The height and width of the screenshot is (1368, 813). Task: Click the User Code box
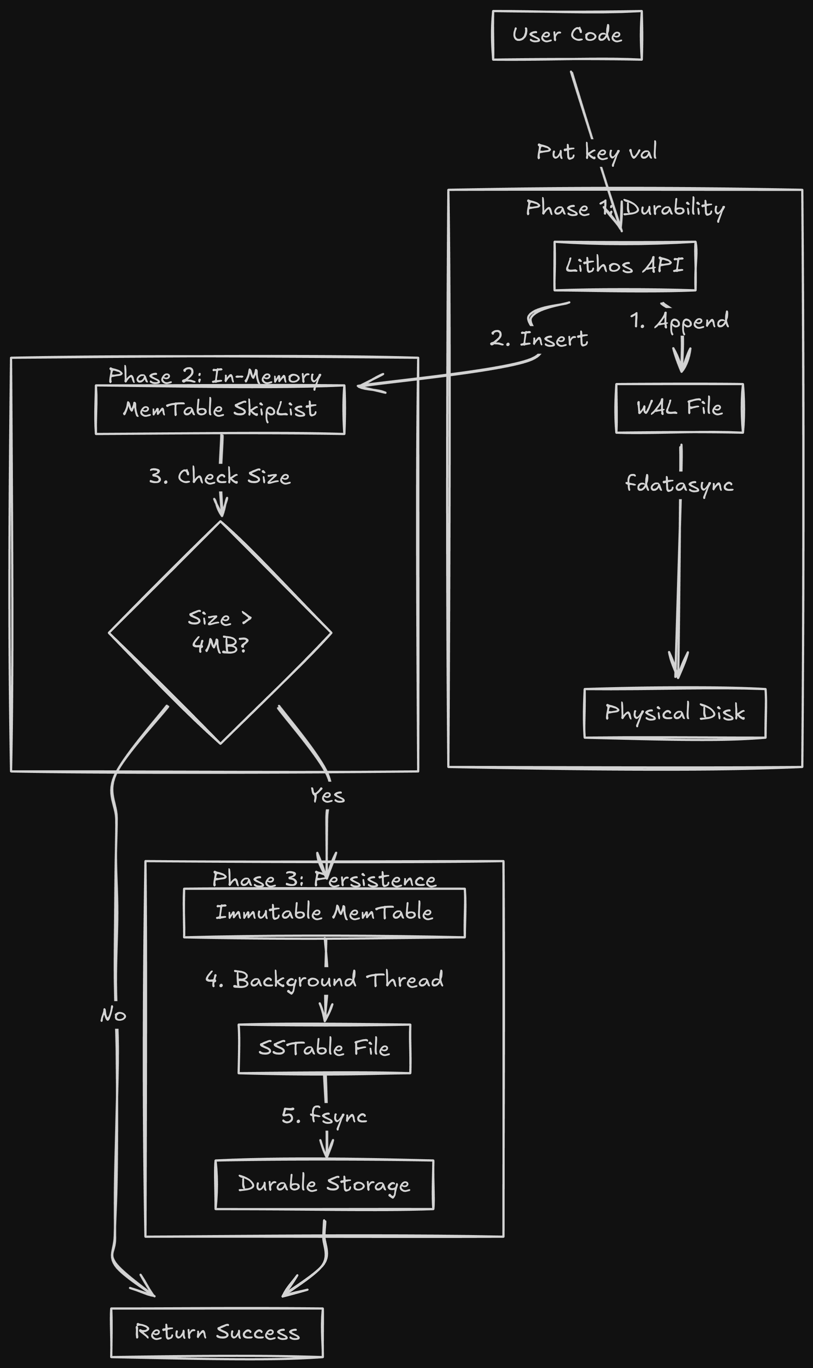tap(567, 35)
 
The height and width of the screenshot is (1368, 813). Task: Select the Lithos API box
tap(624, 265)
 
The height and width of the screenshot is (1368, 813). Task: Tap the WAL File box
tap(679, 408)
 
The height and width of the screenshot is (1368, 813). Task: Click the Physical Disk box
tap(674, 713)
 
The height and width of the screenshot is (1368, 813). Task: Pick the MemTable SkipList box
tap(220, 409)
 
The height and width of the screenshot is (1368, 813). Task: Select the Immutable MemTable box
tap(324, 913)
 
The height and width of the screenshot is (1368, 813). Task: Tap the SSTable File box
tap(324, 1048)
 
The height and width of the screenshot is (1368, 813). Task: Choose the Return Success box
tap(217, 1332)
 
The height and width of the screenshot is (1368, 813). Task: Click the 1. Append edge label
tap(679, 321)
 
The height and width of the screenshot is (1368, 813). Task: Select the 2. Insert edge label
tap(539, 339)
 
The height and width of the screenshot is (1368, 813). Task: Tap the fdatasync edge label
tap(679, 484)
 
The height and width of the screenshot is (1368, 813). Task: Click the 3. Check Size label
tap(220, 476)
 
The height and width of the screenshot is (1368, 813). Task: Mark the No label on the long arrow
tap(113, 1015)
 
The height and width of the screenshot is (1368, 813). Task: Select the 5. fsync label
tap(324, 1115)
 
